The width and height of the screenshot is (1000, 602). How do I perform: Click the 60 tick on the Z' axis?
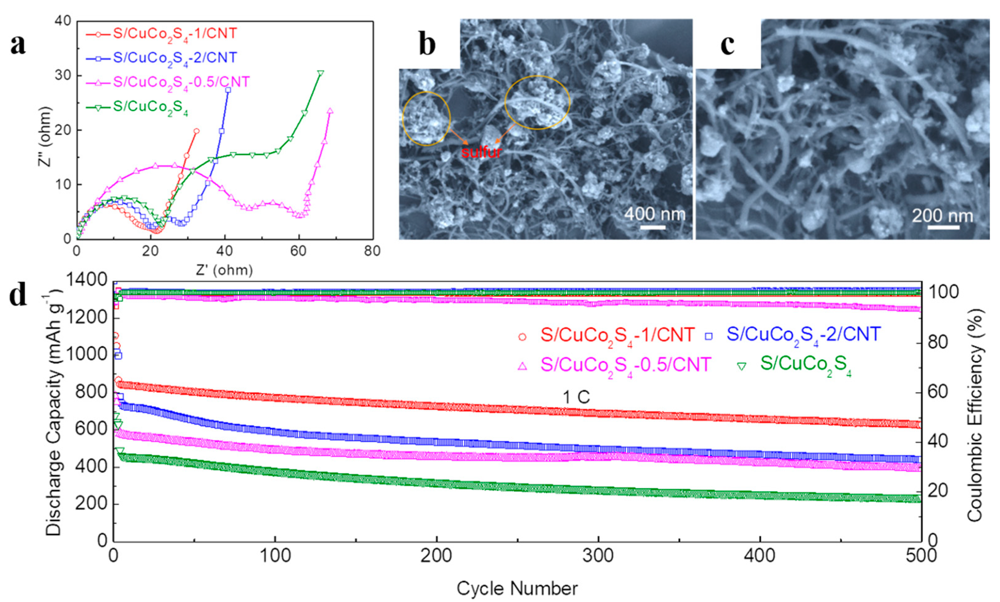[x=298, y=251]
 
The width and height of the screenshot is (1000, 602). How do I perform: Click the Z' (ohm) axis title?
[x=224, y=270]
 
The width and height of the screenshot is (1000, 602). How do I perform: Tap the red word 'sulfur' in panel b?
[x=481, y=152]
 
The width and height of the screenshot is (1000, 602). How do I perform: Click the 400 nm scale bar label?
[x=654, y=214]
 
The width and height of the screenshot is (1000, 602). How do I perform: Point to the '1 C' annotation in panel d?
[x=576, y=398]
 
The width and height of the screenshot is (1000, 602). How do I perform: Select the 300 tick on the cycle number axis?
[x=598, y=556]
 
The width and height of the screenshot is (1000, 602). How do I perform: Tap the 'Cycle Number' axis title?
[x=517, y=588]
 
